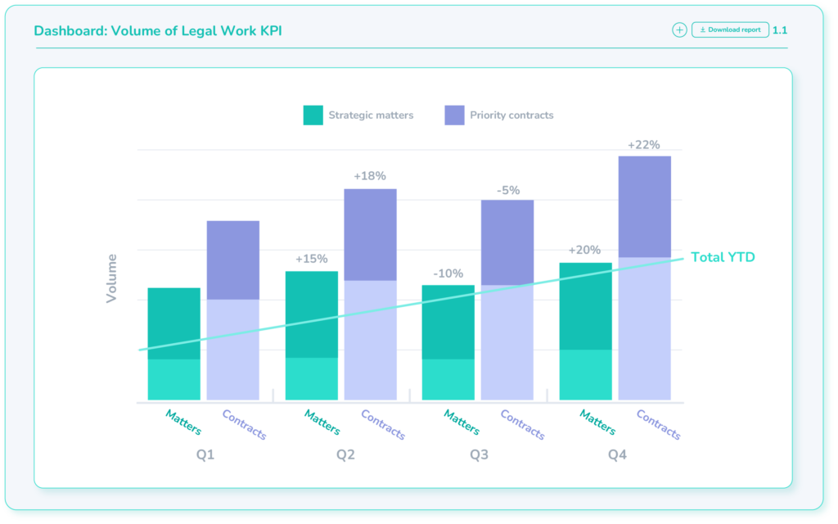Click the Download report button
pyautogui.click(x=730, y=30)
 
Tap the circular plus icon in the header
pyautogui.click(x=679, y=30)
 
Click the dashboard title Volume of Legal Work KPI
pyautogui.click(x=158, y=31)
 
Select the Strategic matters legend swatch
pyautogui.click(x=313, y=115)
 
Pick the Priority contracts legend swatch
pyautogui.click(x=454, y=115)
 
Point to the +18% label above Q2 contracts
pyautogui.click(x=370, y=176)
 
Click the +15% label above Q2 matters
pyautogui.click(x=311, y=259)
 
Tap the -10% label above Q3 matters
pyautogui.click(x=448, y=273)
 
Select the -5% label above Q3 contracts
pyautogui.click(x=508, y=190)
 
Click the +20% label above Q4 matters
pyautogui.click(x=584, y=251)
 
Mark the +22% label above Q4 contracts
pyautogui.click(x=644, y=145)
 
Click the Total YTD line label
pyautogui.click(x=723, y=257)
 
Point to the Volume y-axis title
pyautogui.click(x=112, y=278)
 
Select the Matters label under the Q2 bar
pyautogui.click(x=322, y=422)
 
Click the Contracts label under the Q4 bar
pyautogui.click(x=658, y=424)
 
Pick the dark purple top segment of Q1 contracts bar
pyautogui.click(x=233, y=260)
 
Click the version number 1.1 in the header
pyautogui.click(x=780, y=30)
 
